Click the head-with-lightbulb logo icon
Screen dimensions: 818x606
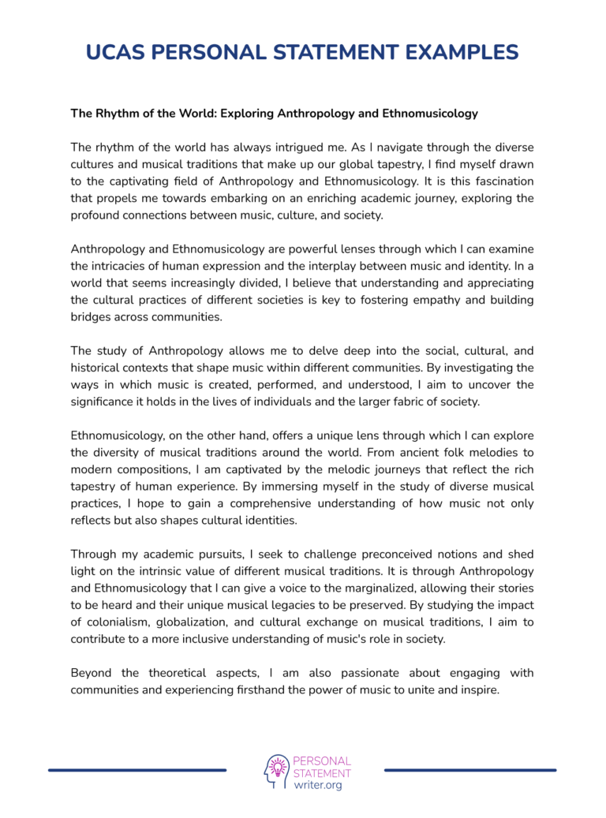coord(276,771)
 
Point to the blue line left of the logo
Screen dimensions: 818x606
coord(137,770)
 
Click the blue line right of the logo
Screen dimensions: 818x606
coord(470,770)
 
